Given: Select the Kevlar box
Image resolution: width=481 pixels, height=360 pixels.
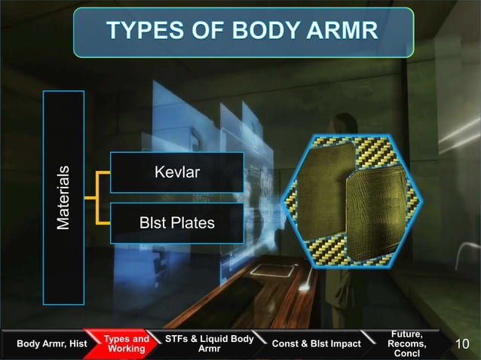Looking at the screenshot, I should pos(176,172).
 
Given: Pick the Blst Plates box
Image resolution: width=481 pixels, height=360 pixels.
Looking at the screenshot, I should pos(176,223).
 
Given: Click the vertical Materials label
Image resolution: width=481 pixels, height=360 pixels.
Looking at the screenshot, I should pos(65,198).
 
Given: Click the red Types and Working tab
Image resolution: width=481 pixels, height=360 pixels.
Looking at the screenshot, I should pos(126,344).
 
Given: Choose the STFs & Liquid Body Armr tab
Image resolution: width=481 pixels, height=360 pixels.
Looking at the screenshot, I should pos(208,344).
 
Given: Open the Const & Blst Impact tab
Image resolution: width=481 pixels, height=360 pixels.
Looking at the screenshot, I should pos(317,344).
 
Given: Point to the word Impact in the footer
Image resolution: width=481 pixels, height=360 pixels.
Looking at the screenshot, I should pos(342,344).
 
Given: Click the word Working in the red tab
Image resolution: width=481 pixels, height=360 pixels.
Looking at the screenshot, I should pos(126,349).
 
